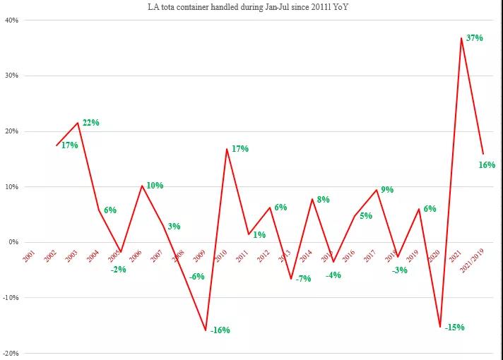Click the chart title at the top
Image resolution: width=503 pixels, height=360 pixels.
[x=251, y=7]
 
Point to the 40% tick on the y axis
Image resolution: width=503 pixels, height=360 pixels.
[x=11, y=20]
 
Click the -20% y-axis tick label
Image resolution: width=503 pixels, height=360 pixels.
[x=11, y=353]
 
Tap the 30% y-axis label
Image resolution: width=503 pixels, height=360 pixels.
[x=11, y=76]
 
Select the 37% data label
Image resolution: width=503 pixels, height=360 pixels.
[x=474, y=38]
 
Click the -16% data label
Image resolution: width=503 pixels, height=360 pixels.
[x=220, y=330]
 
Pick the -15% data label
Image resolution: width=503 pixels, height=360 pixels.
[x=454, y=327]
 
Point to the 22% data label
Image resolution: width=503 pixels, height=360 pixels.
[x=90, y=123]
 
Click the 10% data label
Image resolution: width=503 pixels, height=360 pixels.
[x=155, y=186]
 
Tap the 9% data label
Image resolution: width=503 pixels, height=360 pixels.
[x=387, y=190]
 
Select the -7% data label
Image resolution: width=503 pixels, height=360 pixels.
[x=303, y=279]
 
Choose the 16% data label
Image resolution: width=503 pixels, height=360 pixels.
[x=486, y=164]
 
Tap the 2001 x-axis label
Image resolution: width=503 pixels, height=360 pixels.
[x=29, y=256]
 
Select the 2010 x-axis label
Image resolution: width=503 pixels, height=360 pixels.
[x=221, y=256]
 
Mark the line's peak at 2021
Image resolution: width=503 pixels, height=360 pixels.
[x=461, y=37]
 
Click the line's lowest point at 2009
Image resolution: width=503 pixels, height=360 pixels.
[x=206, y=330]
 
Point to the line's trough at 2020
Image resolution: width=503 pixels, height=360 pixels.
[x=440, y=327]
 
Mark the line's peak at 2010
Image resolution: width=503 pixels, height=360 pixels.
[x=227, y=148]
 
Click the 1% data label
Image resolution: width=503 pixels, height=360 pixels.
[x=259, y=235]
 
